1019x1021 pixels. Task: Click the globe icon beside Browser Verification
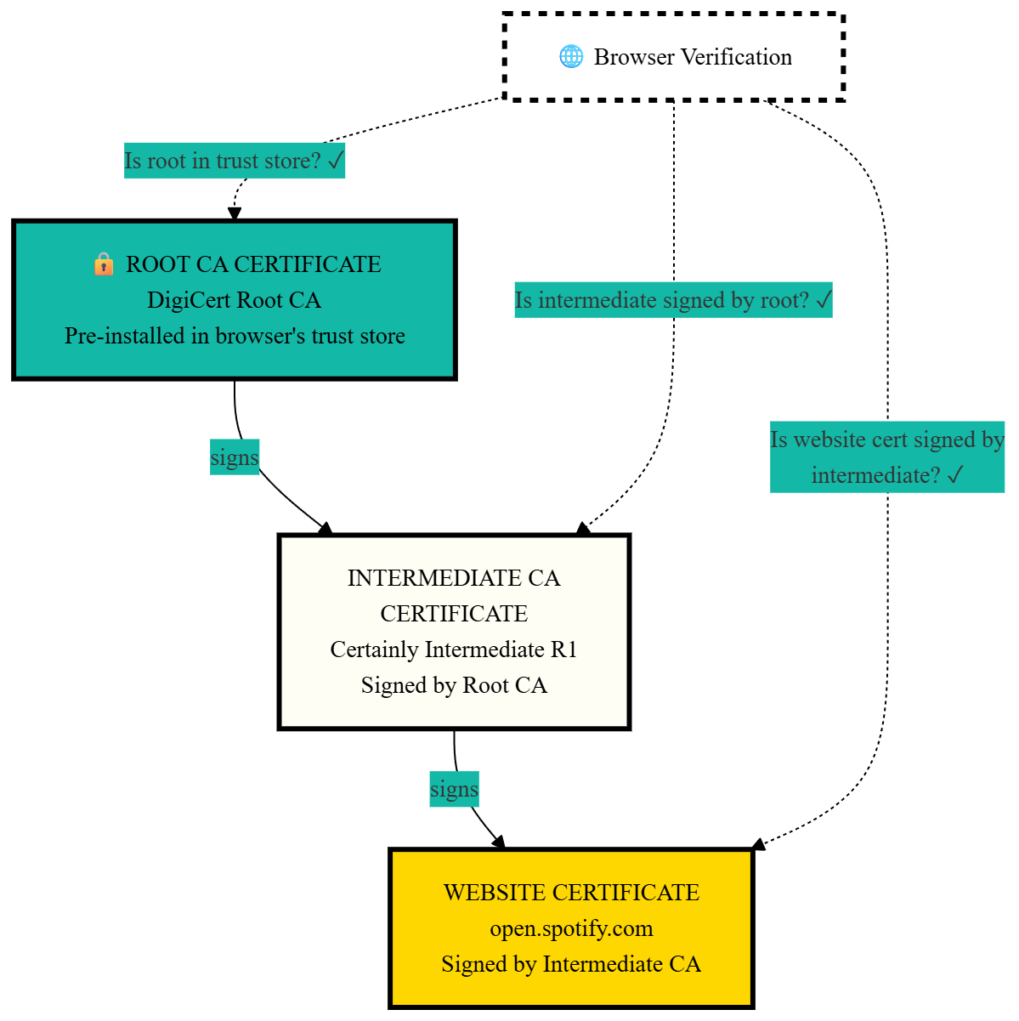[x=571, y=57]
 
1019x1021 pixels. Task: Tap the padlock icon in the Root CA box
[x=104, y=264]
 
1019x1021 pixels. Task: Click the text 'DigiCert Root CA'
[x=234, y=300]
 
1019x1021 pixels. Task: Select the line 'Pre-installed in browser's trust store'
[x=235, y=336]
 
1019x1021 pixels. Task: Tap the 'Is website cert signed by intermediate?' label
[x=887, y=457]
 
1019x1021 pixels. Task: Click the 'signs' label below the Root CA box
[x=235, y=457]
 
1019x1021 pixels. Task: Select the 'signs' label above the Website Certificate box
[x=454, y=789]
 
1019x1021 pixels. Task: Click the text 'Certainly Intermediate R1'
[x=454, y=649]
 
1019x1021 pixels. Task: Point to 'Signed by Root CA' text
[x=454, y=685]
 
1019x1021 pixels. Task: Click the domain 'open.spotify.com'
[x=571, y=928]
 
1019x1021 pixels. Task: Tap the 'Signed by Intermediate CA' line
[x=571, y=964]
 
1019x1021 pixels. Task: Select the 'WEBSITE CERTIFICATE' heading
[x=571, y=893]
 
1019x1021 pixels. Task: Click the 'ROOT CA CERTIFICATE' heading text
[x=253, y=264]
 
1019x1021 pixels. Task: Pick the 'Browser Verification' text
[x=693, y=57]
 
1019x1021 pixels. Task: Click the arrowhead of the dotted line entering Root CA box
[x=235, y=213]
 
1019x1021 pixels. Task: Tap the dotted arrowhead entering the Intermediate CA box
[x=583, y=529]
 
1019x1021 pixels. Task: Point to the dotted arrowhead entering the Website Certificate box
[x=759, y=844]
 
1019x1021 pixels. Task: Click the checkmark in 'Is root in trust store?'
[x=335, y=161]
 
